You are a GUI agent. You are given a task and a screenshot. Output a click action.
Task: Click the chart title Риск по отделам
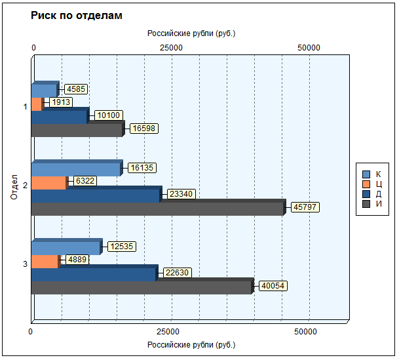pos(76,15)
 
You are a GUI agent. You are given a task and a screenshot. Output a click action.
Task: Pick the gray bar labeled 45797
pos(157,209)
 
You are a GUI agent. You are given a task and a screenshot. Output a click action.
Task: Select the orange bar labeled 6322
pos(48,183)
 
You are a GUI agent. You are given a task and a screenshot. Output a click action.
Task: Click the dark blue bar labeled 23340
pos(95,196)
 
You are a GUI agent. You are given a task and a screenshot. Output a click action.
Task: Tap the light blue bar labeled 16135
pos(75,170)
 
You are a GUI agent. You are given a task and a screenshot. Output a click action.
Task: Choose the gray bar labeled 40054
pos(141,287)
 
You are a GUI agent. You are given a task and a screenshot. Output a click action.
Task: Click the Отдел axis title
pos(14,186)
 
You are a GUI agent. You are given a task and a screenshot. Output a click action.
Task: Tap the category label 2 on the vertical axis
pos(25,186)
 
